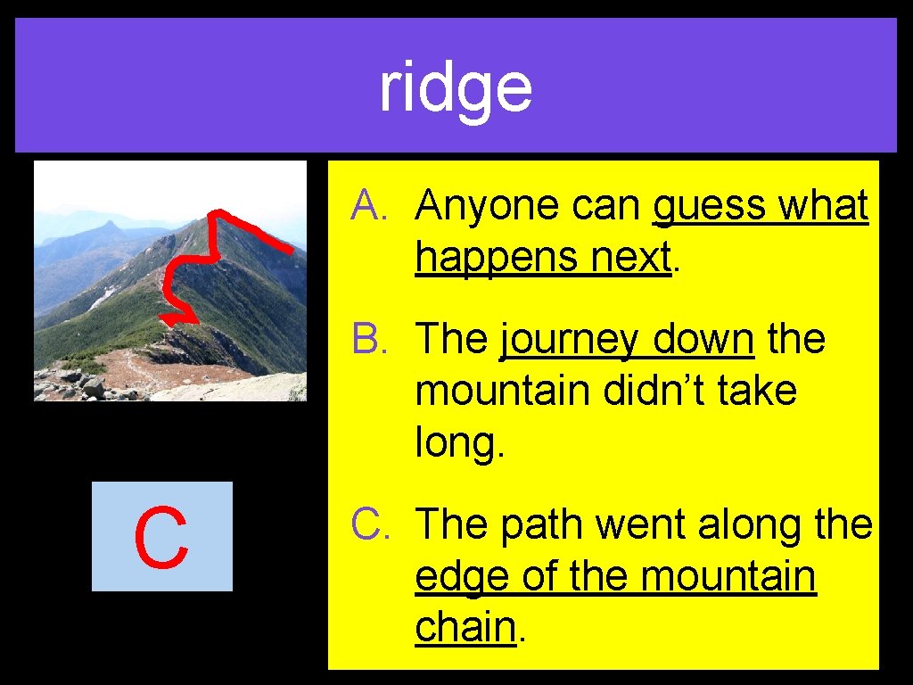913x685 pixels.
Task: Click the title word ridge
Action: (456, 88)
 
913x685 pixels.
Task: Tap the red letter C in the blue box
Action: (161, 538)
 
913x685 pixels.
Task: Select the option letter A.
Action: (367, 206)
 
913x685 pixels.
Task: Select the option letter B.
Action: (367, 340)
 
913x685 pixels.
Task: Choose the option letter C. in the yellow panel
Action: (367, 524)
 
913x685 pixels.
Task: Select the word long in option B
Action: (460, 443)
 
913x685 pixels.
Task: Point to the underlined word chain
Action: (465, 627)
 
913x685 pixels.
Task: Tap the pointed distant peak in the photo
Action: (109, 227)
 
